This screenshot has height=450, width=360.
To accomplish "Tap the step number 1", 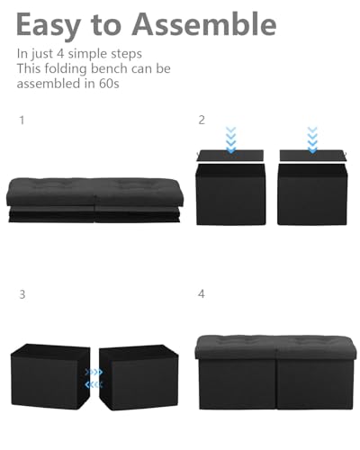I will tap(22, 119).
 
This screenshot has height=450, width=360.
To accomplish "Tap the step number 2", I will tap(202, 119).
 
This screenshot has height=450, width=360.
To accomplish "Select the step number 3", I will tap(22, 293).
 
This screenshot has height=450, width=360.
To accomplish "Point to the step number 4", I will tap(202, 293).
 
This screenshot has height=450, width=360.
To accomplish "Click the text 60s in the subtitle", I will tap(108, 85).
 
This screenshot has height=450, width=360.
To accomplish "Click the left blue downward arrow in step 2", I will tap(231, 140).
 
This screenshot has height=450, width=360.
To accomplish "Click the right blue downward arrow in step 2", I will tap(312, 140).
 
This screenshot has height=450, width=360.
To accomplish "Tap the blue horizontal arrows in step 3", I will tap(93, 377).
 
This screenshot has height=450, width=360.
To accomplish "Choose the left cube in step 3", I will tap(49, 377).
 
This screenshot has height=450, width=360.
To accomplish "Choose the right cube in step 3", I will tap(139, 377).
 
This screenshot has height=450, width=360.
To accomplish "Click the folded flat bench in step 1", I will tap(95, 201).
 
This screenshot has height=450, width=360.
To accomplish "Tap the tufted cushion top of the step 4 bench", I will tap(274, 346).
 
